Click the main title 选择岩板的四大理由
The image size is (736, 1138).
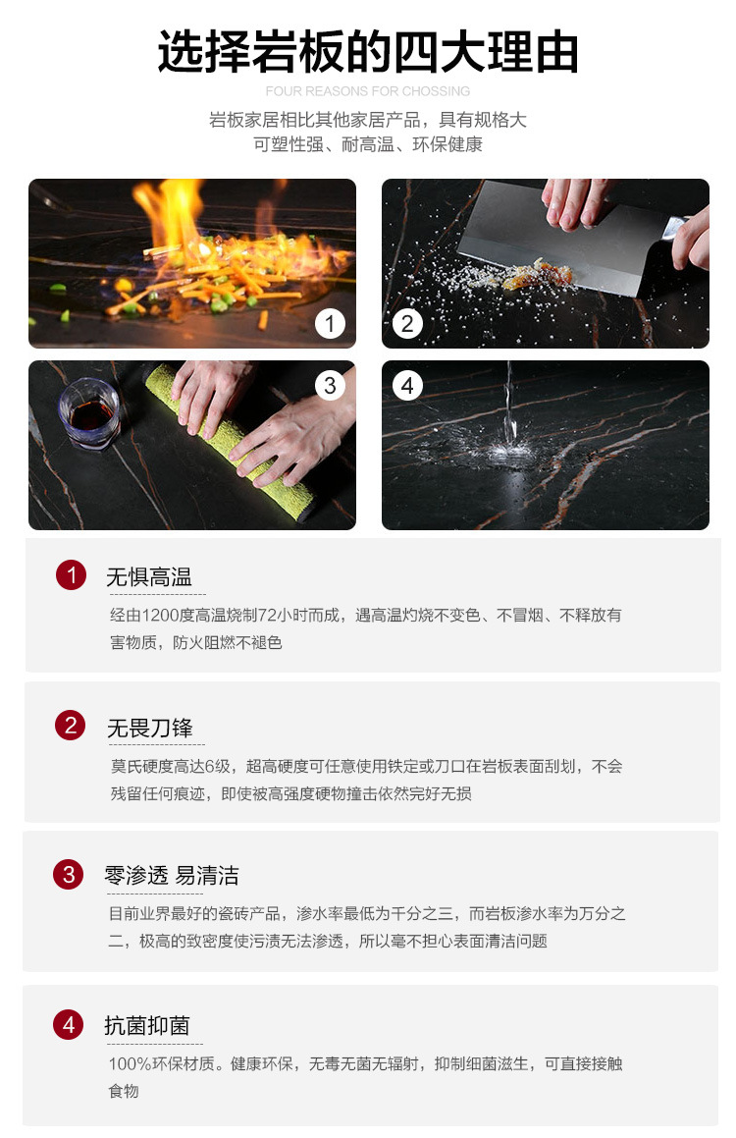[368, 51]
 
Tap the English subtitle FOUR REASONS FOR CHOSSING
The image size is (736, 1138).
[368, 91]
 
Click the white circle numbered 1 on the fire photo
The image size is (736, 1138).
[330, 324]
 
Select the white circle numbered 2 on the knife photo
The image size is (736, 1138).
[407, 324]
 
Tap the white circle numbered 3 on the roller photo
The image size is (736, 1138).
[330, 385]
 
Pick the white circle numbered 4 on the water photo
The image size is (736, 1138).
[407, 385]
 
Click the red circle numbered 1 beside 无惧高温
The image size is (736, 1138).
[71, 574]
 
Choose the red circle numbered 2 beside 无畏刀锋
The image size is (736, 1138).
[71, 725]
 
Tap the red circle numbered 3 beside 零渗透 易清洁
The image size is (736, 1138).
[68, 874]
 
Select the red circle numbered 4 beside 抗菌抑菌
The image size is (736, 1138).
[68, 1024]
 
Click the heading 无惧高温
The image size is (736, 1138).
[149, 577]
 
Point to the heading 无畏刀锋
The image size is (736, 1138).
[150, 728]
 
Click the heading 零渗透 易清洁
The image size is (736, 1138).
[172, 875]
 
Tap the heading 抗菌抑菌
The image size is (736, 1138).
[147, 1025]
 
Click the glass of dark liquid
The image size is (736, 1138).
[89, 412]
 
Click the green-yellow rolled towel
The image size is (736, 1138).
[232, 443]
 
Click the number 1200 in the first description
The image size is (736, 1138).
[160, 616]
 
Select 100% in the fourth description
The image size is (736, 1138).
[131, 1064]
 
